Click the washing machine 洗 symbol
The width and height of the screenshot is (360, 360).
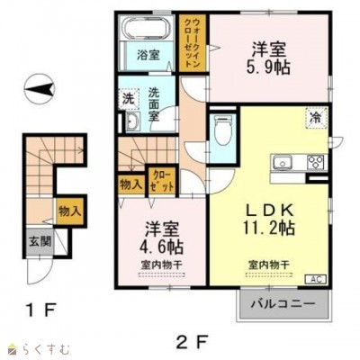point(128,96)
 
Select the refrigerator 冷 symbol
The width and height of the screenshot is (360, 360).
point(316,116)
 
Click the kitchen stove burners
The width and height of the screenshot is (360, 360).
point(315,162)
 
